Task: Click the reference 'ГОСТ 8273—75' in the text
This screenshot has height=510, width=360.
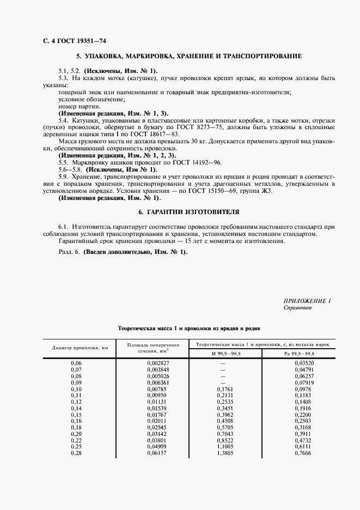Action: (x=188, y=127)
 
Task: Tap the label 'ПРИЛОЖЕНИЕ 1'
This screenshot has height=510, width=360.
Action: (x=307, y=301)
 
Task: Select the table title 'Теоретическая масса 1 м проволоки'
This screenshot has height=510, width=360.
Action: (x=188, y=329)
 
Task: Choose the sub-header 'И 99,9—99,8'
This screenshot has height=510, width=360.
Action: (x=224, y=354)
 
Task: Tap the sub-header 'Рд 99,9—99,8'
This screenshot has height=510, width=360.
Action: (x=298, y=354)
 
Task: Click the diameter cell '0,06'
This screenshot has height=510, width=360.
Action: (x=76, y=363)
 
